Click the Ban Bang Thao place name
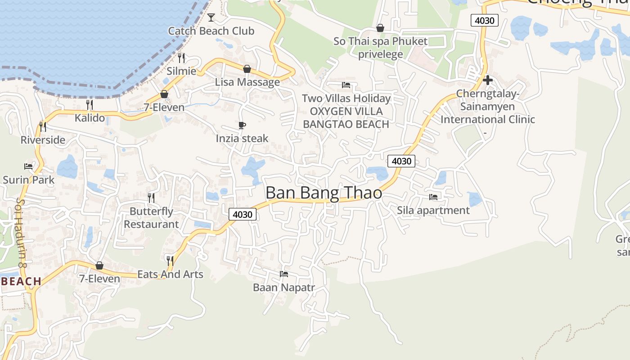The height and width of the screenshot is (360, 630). [x=324, y=193]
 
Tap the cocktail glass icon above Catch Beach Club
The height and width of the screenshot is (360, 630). [x=211, y=18]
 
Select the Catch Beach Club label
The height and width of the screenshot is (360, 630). [x=211, y=31]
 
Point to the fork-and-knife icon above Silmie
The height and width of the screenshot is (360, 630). [x=181, y=58]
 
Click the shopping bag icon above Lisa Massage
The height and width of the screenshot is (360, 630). [x=247, y=69]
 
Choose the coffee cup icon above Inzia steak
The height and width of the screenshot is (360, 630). [x=242, y=125]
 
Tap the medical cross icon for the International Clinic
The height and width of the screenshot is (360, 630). [x=487, y=81]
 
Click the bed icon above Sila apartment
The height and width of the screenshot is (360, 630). [x=433, y=197]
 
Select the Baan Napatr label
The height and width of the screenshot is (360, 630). [x=283, y=288]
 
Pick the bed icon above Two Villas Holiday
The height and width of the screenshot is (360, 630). [x=346, y=85]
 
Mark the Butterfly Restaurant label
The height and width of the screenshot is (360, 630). [x=151, y=218]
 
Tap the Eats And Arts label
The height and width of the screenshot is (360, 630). [x=170, y=274]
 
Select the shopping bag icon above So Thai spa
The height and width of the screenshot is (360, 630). [x=380, y=28]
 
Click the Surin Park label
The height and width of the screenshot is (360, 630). [x=28, y=180]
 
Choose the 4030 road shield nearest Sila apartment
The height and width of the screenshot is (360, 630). [x=401, y=161]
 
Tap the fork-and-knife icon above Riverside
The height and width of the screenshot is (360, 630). [x=43, y=126]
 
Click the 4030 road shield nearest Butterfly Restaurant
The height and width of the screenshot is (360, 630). [x=243, y=214]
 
